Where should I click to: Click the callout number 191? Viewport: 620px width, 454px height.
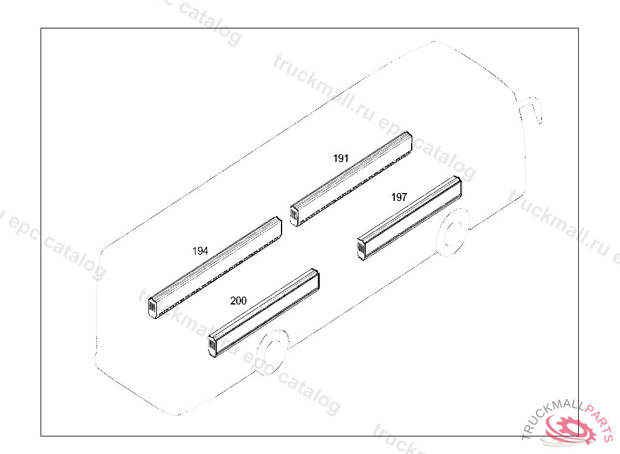(341, 159)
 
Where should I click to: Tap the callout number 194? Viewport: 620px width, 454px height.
(200, 251)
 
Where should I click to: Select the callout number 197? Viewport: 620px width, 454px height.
(399, 197)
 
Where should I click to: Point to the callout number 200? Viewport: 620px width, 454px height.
(239, 301)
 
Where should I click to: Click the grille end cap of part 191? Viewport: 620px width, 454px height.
(294, 216)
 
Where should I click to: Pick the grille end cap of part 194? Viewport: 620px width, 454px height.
(152, 308)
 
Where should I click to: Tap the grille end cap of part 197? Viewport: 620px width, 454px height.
(361, 249)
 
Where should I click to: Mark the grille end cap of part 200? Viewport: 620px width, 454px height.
(213, 346)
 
